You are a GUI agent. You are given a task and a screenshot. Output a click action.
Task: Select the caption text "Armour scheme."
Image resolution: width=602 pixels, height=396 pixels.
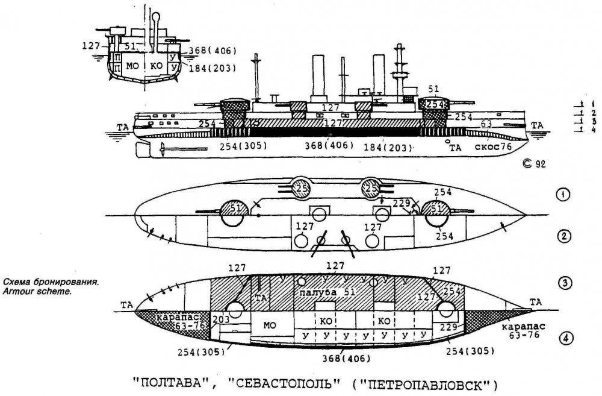click(x=37, y=291)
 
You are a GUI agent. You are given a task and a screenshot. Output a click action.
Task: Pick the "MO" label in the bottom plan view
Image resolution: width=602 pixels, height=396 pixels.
click(x=269, y=325)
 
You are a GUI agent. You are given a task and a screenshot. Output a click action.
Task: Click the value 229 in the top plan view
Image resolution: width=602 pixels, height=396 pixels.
click(x=402, y=203)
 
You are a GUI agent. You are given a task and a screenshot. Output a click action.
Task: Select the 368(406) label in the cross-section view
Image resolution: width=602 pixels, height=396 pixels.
click(x=211, y=50)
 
